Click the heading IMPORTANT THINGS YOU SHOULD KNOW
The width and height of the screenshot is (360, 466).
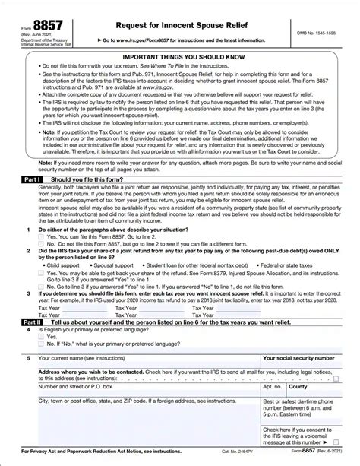180,57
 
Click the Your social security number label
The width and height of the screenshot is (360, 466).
298,357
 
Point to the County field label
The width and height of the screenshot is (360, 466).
298,386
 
